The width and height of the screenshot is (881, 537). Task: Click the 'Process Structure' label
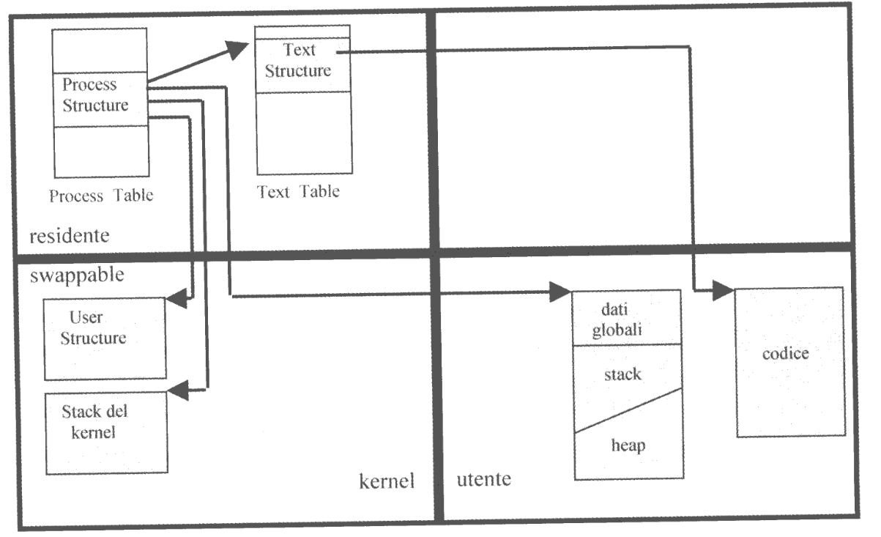coord(94,95)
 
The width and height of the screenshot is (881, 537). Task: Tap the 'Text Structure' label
coord(298,61)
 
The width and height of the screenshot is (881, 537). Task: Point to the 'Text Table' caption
coord(298,192)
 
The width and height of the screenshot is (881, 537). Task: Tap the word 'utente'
coord(483,481)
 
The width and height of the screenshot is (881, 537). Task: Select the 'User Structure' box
coord(103,338)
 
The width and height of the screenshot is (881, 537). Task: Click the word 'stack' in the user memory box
coord(622,374)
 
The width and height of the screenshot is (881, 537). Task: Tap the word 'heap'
coord(626,445)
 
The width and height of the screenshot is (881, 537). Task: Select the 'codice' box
coord(789,361)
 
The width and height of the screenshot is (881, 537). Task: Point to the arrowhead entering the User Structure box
coord(176,299)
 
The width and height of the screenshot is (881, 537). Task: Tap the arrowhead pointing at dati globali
coord(561,292)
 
